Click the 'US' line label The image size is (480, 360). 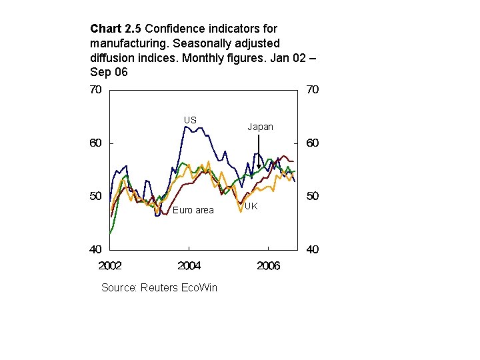coord(190,120)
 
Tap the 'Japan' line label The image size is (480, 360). coord(260,127)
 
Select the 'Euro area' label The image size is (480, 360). coord(193,211)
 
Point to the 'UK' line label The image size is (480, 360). coord(251,207)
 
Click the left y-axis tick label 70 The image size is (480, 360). coord(96,90)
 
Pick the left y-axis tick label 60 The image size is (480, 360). coord(96,143)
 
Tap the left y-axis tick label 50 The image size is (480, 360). coord(96,197)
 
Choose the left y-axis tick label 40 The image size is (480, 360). coord(96,250)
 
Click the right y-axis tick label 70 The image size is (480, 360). coord(312,90)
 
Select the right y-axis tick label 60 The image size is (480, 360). coord(312,143)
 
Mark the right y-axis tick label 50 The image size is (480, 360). coord(312,197)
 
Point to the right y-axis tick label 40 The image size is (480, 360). coord(312,250)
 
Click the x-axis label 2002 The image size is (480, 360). coord(110,266)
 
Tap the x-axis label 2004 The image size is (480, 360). coord(189,266)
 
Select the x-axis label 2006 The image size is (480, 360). coord(268,266)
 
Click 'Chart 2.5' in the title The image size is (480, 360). coord(116,29)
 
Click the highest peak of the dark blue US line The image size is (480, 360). coord(186,127)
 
